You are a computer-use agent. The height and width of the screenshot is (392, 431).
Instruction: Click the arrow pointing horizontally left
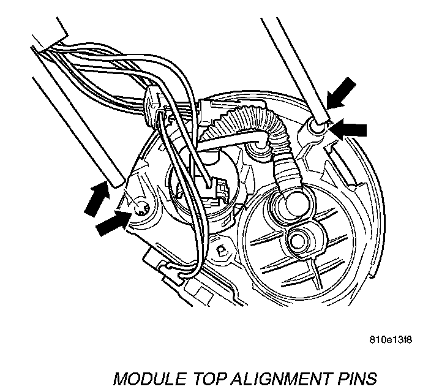[x=350, y=129]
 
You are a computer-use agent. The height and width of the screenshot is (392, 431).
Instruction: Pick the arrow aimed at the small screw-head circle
[x=113, y=224]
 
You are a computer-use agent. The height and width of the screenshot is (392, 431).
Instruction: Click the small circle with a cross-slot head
[x=140, y=206]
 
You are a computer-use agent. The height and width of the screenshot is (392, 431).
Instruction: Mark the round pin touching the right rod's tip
[x=316, y=127]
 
